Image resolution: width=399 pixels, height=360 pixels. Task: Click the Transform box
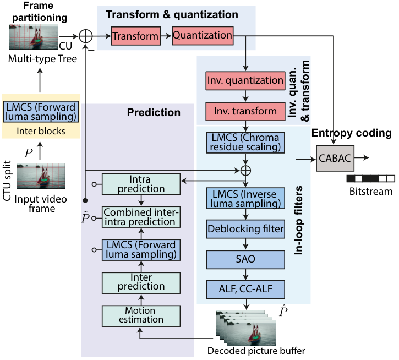pyautogui.click(x=136, y=36)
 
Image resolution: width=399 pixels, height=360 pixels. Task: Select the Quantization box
pyautogui.click(x=203, y=35)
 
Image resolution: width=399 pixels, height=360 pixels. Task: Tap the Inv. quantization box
pyautogui.click(x=245, y=81)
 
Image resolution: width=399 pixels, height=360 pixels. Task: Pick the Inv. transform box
pyautogui.click(x=245, y=111)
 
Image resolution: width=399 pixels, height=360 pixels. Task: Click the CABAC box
pyautogui.click(x=335, y=158)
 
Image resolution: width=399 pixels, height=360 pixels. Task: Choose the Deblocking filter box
pyautogui.click(x=245, y=229)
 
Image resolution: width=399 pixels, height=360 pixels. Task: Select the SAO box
pyautogui.click(x=245, y=259)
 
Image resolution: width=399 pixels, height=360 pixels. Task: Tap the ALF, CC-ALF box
pyautogui.click(x=245, y=289)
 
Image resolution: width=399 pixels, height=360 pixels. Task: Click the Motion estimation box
pyautogui.click(x=141, y=316)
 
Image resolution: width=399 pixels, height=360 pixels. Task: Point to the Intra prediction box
pyautogui.click(x=141, y=184)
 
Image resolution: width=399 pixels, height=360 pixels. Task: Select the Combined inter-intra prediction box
pyautogui.click(x=141, y=217)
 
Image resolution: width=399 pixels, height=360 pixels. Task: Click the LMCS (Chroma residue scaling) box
pyautogui.click(x=245, y=143)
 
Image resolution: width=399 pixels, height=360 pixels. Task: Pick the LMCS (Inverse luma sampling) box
pyautogui.click(x=245, y=198)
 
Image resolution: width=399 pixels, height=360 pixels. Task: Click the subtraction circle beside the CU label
pyautogui.click(x=85, y=36)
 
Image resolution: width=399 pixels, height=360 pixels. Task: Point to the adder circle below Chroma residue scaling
pyautogui.click(x=245, y=171)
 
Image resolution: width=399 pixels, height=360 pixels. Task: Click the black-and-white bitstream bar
pyautogui.click(x=371, y=178)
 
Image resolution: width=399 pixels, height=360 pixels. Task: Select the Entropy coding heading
pyautogui.click(x=352, y=133)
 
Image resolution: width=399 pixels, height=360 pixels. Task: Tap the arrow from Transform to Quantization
pyautogui.click(x=166, y=36)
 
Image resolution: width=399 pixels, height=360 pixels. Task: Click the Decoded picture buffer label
pyautogui.click(x=256, y=351)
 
